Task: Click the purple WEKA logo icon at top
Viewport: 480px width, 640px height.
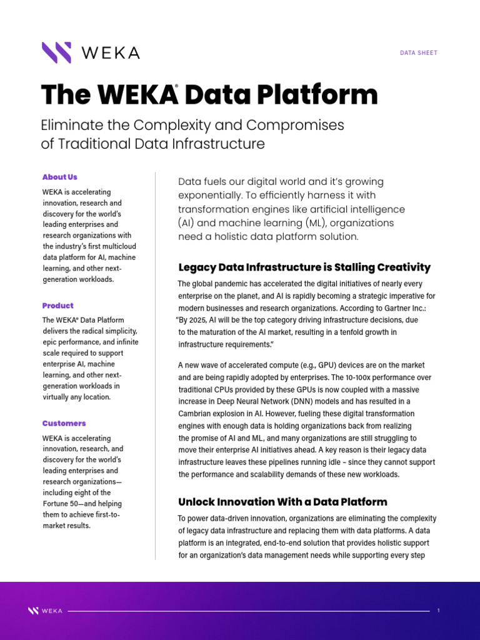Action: (56, 52)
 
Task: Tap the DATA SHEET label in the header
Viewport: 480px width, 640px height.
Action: (419, 53)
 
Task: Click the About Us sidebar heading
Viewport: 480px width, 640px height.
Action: (60, 177)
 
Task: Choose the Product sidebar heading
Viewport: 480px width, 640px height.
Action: (58, 306)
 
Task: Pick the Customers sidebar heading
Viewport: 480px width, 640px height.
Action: (64, 423)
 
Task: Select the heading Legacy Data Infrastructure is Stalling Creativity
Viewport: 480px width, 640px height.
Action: (304, 267)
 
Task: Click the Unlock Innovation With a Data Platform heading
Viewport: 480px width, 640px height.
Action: (282, 502)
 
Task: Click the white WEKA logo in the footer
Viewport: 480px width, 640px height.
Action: (45, 611)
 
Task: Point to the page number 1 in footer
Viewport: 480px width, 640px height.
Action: (439, 611)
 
